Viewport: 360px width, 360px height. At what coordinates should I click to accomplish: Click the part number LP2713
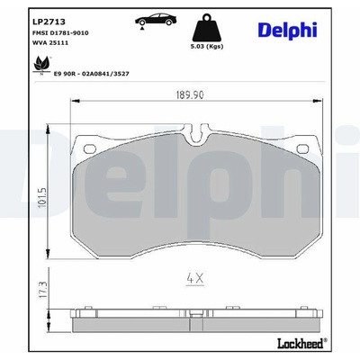tap(49, 22)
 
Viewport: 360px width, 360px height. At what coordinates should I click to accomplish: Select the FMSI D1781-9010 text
tap(60, 33)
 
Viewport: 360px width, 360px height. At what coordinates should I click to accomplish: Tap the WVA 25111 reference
tap(50, 43)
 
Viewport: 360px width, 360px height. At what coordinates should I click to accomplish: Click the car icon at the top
tap(156, 21)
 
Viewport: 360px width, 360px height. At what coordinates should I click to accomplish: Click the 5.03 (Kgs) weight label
tap(208, 47)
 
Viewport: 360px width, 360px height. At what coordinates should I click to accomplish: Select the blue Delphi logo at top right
tap(287, 30)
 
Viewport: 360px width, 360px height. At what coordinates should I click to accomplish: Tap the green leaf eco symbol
tap(40, 65)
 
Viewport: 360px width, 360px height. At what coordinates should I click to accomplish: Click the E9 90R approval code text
tap(91, 74)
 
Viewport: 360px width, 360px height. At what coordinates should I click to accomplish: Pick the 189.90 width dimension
tap(190, 94)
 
